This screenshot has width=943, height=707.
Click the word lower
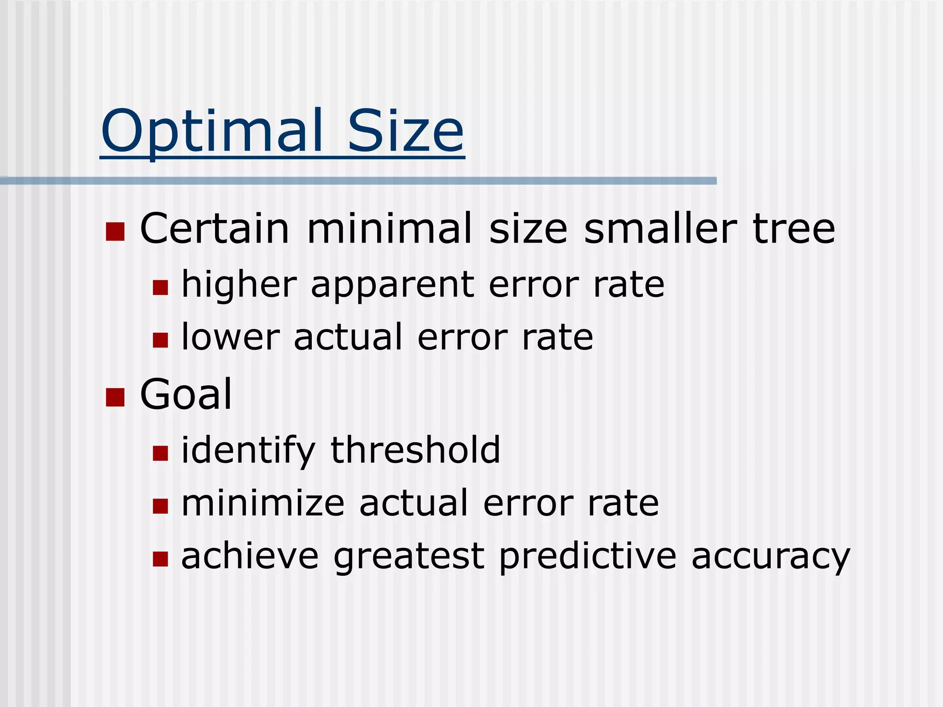tap(231, 337)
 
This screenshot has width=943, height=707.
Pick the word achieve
tap(250, 556)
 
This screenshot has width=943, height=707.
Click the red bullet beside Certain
tap(115, 232)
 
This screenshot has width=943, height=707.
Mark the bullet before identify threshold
tap(160, 453)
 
